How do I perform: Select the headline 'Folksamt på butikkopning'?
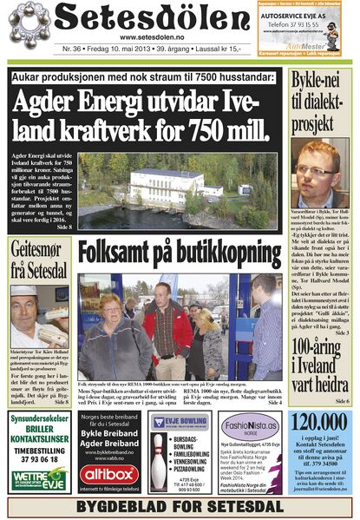pyautogui.click(x=179, y=253)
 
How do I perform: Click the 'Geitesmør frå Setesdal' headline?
pyautogui.click(x=39, y=259)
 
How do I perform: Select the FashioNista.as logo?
pyautogui.click(x=248, y=427)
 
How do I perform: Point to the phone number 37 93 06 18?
pyautogui.click(x=38, y=460)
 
